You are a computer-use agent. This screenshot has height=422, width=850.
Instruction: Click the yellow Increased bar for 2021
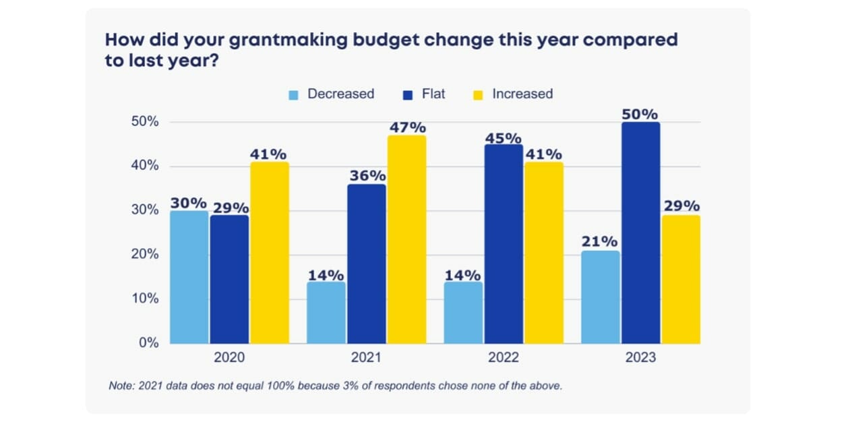(x=406, y=239)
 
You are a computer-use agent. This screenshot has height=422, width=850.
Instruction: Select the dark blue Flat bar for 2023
(x=640, y=233)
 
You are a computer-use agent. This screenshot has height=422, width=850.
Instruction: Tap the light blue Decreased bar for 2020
(x=189, y=277)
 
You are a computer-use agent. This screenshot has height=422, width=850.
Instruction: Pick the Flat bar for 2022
(x=503, y=244)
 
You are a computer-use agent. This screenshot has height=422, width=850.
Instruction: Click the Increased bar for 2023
(x=681, y=279)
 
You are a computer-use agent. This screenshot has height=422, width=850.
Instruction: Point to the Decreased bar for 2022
(x=463, y=312)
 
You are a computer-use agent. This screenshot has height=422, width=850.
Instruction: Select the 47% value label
(x=406, y=127)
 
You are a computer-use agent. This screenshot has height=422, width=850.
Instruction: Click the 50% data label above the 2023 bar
(x=640, y=114)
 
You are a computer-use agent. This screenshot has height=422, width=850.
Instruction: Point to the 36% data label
(x=367, y=176)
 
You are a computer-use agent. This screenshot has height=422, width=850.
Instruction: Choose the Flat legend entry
(x=425, y=94)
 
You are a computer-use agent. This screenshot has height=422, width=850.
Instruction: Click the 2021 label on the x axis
(x=367, y=357)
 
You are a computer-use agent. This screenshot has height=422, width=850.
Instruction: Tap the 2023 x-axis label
(x=640, y=357)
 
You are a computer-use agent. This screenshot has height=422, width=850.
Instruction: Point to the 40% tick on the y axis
(x=145, y=166)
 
